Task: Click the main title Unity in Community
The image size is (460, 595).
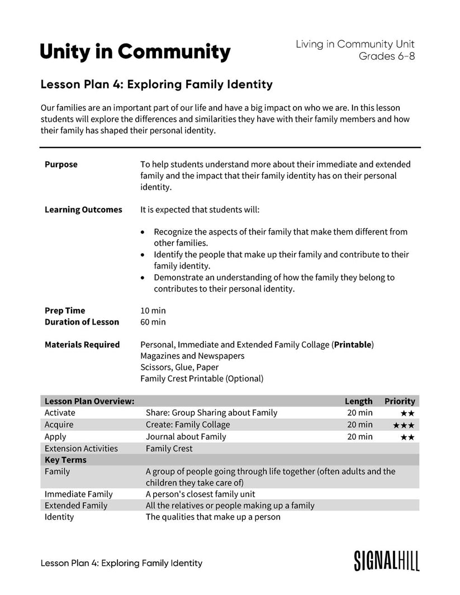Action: click(135, 52)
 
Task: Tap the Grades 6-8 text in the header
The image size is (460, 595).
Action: click(386, 56)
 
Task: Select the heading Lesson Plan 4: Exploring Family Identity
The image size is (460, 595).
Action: click(157, 85)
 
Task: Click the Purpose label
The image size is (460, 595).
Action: click(61, 164)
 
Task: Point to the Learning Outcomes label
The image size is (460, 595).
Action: click(83, 210)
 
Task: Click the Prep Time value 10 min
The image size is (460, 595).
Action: click(153, 310)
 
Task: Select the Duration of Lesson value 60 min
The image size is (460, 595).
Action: click(153, 322)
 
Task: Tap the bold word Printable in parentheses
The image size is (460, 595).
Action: click(352, 345)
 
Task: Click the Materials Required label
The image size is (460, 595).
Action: click(82, 345)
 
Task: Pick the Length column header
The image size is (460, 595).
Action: click(358, 401)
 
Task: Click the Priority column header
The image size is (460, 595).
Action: click(400, 401)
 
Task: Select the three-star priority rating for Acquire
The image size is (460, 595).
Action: click(404, 425)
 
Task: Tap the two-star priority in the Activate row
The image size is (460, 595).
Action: click(407, 413)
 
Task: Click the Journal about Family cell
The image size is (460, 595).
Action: click(186, 437)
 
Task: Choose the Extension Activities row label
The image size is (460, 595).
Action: click(81, 449)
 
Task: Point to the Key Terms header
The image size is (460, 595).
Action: click(65, 460)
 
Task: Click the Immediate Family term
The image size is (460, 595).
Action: click(78, 494)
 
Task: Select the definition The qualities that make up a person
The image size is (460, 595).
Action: click(213, 517)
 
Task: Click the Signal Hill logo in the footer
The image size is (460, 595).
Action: click(387, 560)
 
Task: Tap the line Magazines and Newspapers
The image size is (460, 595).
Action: click(192, 356)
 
